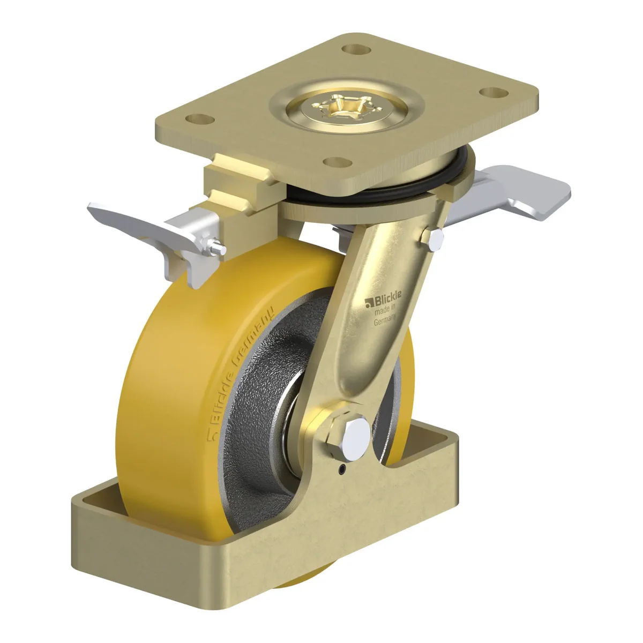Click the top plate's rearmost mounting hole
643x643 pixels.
pos(357,50)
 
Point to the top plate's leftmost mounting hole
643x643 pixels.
pos(200,119)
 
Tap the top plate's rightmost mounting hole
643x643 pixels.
pos(494,93)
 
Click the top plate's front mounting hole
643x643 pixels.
pos(338,162)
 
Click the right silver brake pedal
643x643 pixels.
pos(507,193)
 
